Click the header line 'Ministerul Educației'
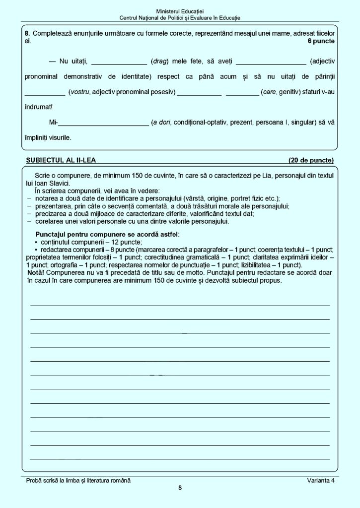[180, 11]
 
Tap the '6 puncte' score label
[321, 41]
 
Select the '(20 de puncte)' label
[311, 160]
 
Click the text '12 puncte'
[127, 242]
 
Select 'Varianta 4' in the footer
[321, 480]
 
